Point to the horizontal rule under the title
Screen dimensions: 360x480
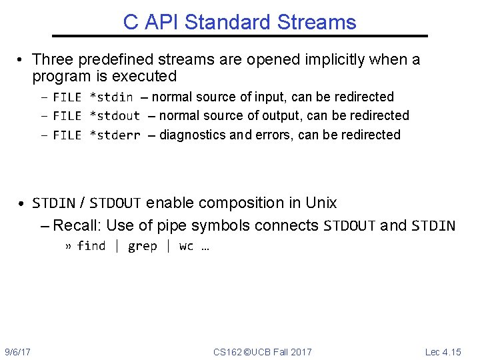[240, 36]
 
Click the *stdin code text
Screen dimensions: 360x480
[111, 97]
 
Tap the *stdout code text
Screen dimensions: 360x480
[115, 116]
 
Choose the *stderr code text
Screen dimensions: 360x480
[115, 135]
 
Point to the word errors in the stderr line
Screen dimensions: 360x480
[274, 135]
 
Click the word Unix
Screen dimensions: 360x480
[321, 203]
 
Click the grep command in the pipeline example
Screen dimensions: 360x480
[142, 247]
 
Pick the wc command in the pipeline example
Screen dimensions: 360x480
[186, 247]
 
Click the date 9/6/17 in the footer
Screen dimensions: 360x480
[22, 351]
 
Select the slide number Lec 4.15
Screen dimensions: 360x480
[443, 351]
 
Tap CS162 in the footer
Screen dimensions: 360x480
[227, 351]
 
